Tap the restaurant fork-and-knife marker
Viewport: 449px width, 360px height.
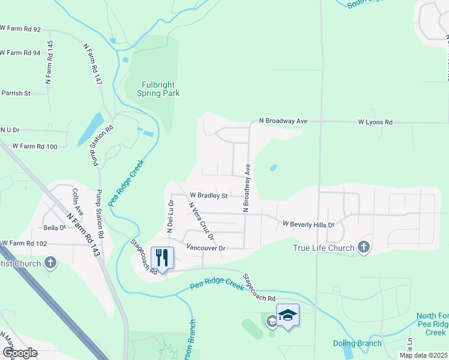click(x=162, y=257)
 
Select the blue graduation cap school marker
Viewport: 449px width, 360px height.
click(x=288, y=315)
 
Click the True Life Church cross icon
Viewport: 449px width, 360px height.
click(x=363, y=247)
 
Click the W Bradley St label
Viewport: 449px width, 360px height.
click(x=209, y=196)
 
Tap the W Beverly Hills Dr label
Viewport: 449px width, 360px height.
click(x=308, y=224)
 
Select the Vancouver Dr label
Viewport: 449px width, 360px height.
click(x=205, y=248)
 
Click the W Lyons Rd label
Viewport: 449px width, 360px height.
click(x=375, y=122)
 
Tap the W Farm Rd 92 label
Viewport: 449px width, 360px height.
click(x=21, y=29)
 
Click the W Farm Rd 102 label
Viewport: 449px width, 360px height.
click(x=24, y=244)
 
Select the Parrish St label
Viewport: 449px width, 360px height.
click(x=16, y=93)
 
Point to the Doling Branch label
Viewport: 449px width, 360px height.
click(x=357, y=343)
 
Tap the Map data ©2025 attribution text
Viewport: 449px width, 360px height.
click(x=423, y=355)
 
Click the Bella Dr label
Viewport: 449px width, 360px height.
click(x=53, y=228)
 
